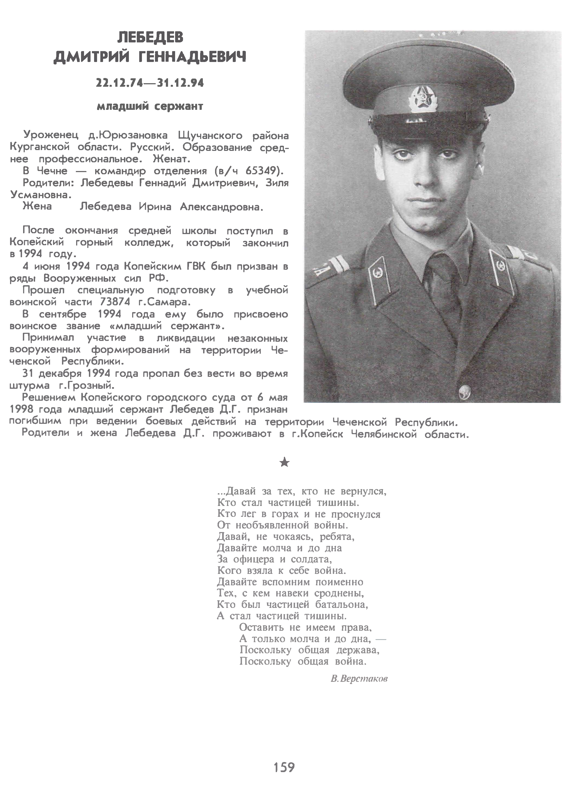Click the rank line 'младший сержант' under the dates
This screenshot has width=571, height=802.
[x=150, y=106]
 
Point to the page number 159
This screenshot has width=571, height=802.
[x=284, y=767]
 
